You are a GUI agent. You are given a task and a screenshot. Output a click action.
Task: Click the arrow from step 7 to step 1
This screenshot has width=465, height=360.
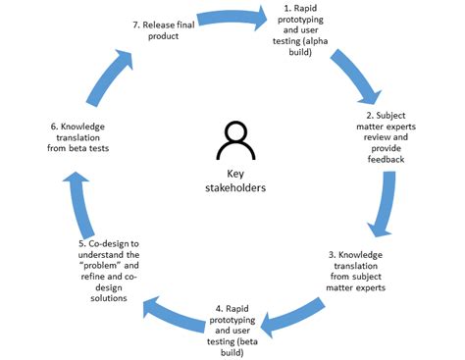click(232, 18)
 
